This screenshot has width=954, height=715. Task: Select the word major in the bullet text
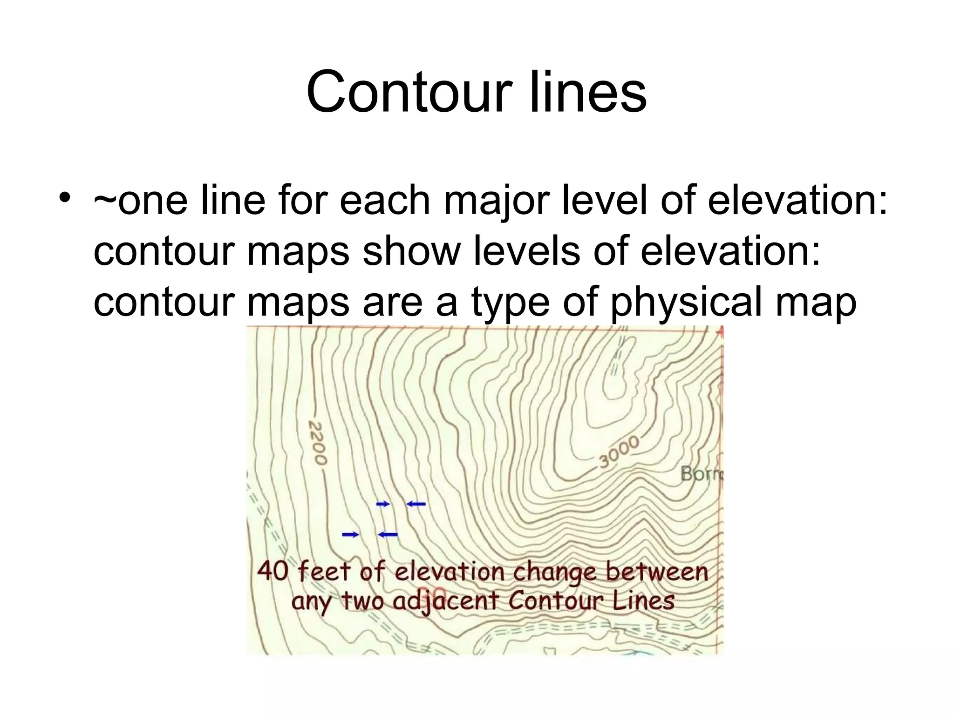[x=497, y=201]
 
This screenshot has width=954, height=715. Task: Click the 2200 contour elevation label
[x=318, y=443]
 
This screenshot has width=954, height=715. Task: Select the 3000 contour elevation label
[x=619, y=452]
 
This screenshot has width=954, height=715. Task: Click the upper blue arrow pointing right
[x=383, y=504]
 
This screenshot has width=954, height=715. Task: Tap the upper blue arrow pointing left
[x=416, y=504]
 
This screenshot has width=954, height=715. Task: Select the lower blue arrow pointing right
[x=351, y=534]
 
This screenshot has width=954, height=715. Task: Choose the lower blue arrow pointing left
[x=388, y=534]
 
